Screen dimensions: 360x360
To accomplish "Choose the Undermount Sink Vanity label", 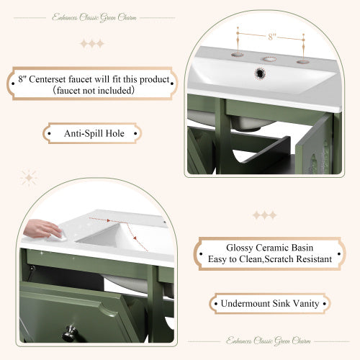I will tap(270, 303).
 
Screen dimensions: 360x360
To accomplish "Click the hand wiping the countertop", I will tap(43, 229).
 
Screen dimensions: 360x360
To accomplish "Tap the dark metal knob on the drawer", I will tap(69, 333).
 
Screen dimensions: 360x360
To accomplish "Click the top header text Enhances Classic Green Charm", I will tap(91, 17).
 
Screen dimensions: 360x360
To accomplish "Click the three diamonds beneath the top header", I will tap(91, 43).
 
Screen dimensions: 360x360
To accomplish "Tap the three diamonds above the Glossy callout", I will tap(264, 215).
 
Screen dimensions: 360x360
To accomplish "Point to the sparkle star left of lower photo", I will tap(30, 177).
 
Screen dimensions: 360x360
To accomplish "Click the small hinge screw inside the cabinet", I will tap(32, 268).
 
